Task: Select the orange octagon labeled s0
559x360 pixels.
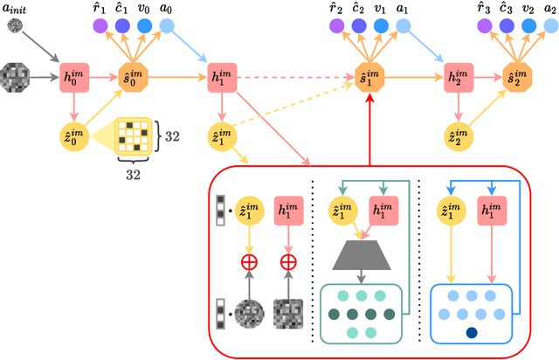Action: pos(134,75)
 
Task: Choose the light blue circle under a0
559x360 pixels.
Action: pos(164,27)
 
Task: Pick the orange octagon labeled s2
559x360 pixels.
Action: pos(517,75)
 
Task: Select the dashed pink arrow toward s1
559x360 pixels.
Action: pos(297,75)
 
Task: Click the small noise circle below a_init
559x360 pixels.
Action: pos(16,27)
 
